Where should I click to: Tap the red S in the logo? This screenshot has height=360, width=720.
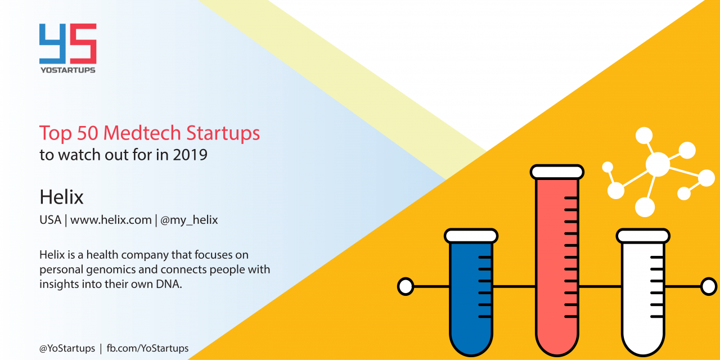click(x=84, y=44)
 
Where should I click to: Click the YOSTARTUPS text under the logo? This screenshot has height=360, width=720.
click(x=68, y=70)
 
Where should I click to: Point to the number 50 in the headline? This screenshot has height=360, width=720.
click(x=87, y=133)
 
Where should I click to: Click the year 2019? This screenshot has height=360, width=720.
click(x=190, y=155)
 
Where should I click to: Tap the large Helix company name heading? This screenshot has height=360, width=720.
click(x=61, y=197)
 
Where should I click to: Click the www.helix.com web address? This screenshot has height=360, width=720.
click(x=111, y=220)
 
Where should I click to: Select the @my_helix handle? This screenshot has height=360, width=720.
click(x=189, y=220)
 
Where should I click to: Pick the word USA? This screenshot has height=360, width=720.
click(x=50, y=220)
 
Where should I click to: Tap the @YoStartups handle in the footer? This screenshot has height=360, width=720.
click(x=67, y=348)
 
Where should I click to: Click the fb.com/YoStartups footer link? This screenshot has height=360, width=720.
click(x=147, y=348)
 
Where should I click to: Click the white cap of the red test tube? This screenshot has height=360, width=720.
click(x=557, y=172)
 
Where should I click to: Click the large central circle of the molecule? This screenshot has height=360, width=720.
click(x=658, y=164)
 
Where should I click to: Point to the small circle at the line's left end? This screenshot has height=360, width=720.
click(x=406, y=286)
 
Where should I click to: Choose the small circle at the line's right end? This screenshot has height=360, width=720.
click(x=709, y=286)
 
